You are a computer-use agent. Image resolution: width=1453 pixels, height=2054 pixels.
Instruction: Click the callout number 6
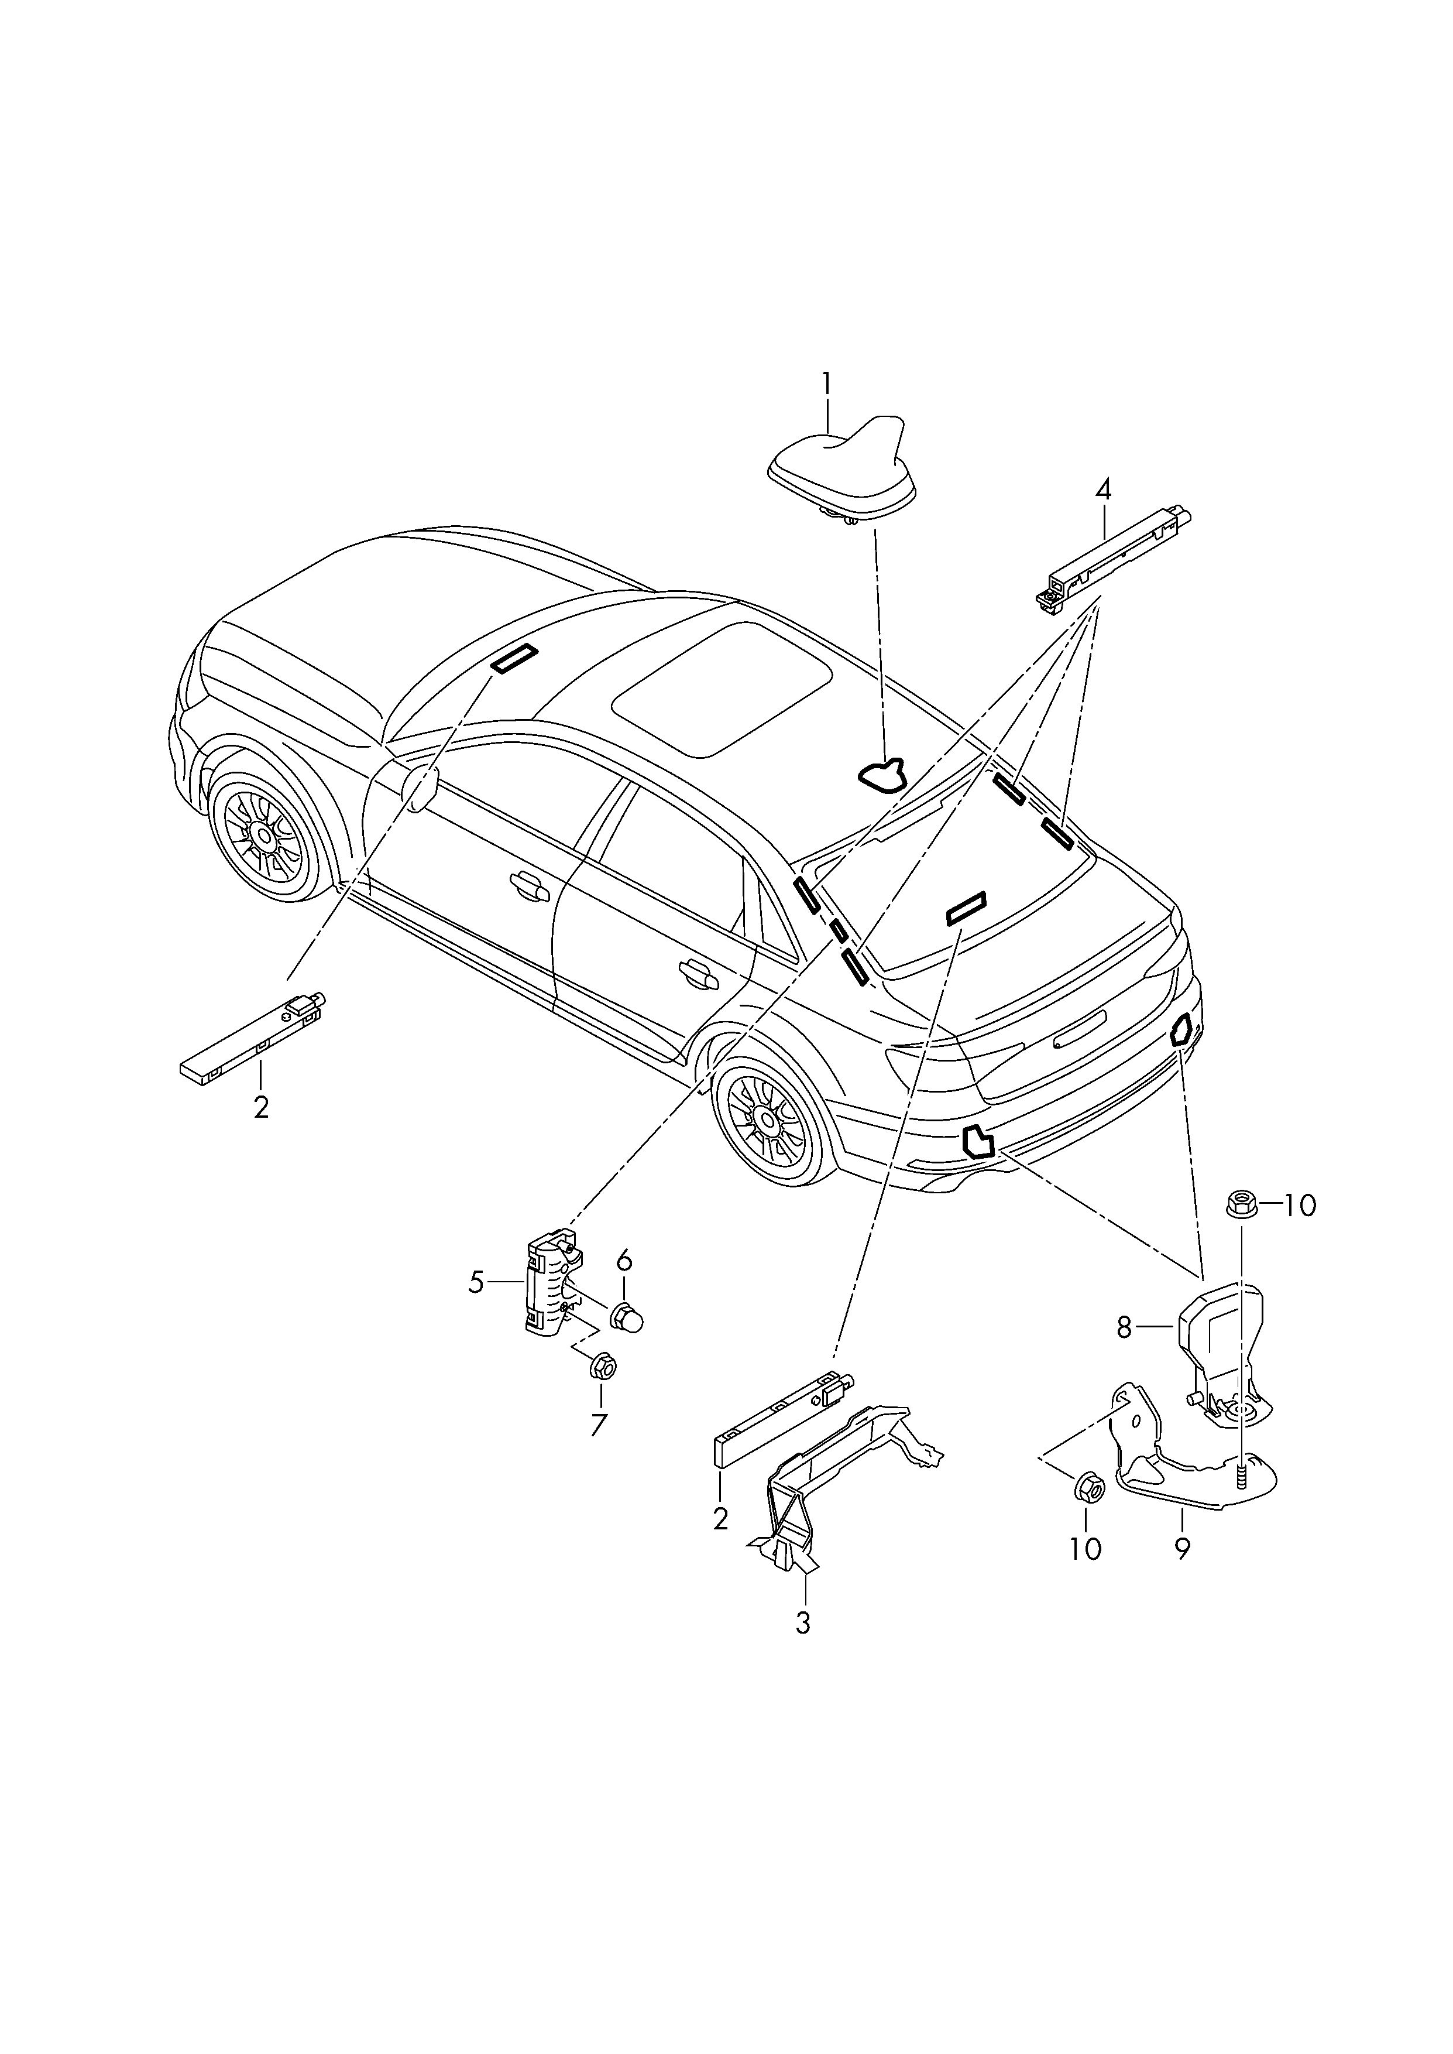point(624,1261)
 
